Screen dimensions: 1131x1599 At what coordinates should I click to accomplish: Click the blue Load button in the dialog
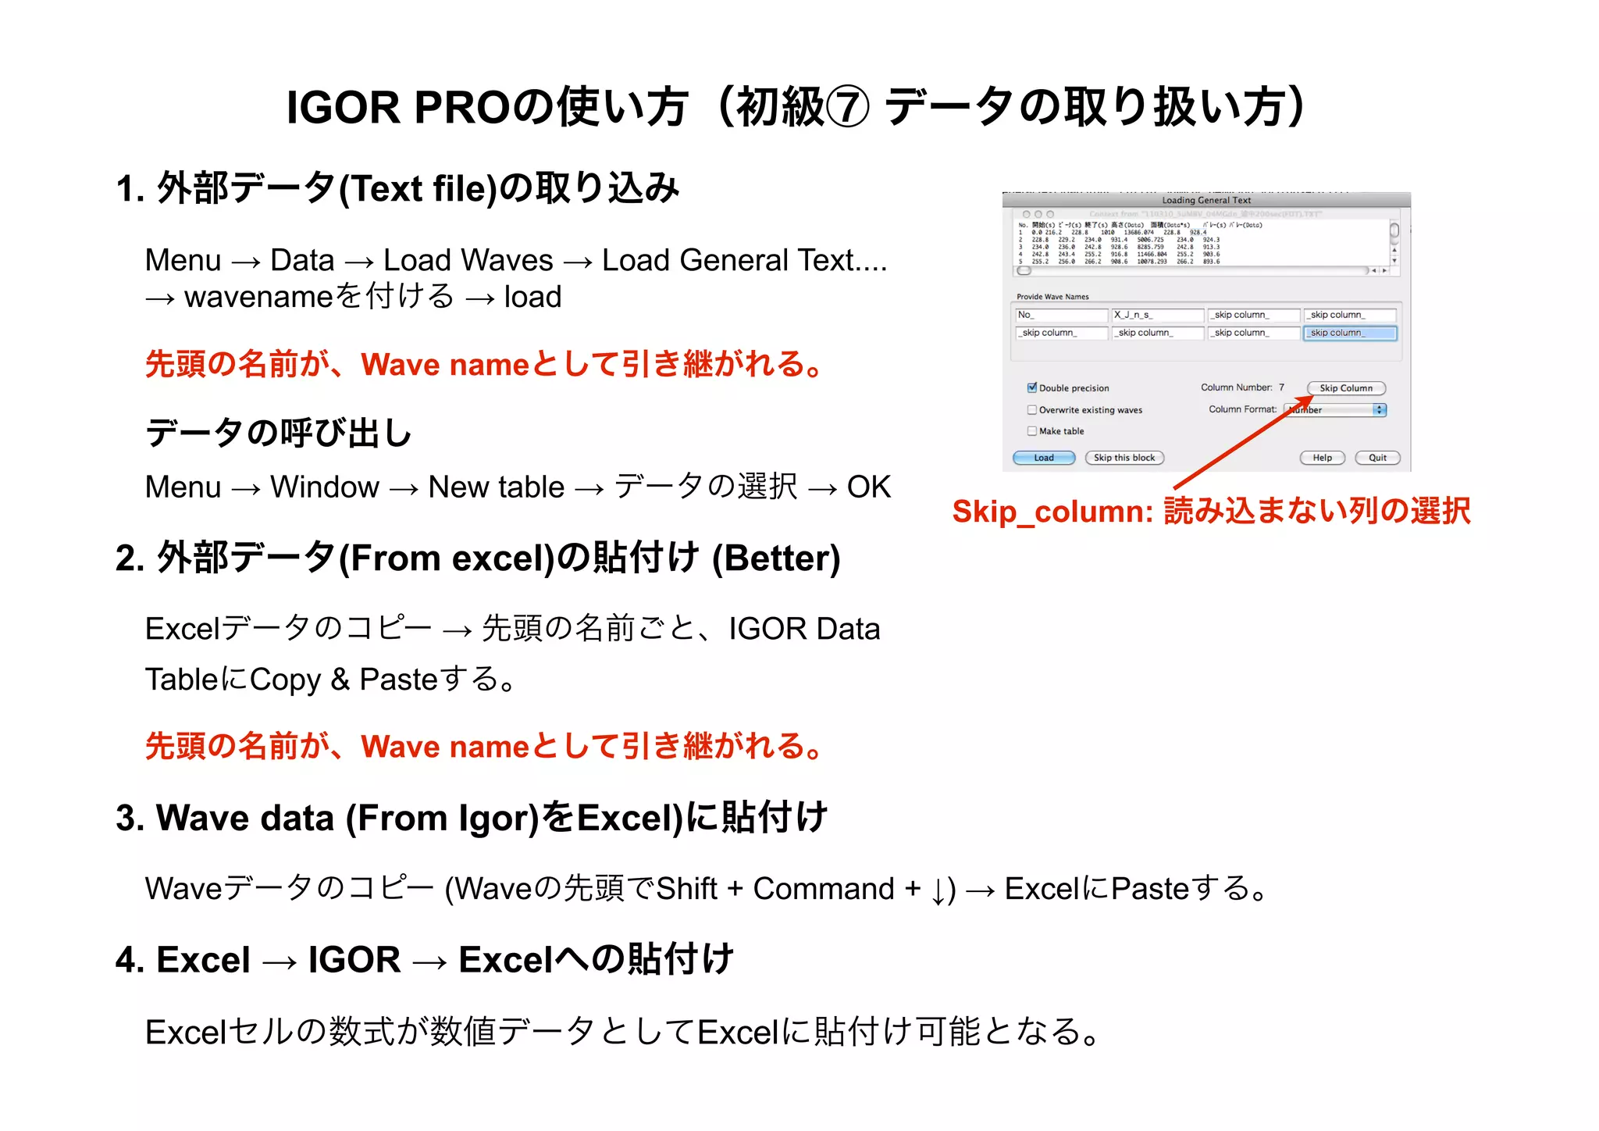[x=1043, y=458]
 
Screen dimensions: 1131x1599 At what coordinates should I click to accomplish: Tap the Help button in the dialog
[x=1322, y=458]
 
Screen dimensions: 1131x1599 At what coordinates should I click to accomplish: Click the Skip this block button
[x=1124, y=458]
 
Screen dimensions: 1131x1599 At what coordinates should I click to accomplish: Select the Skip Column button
[x=1345, y=388]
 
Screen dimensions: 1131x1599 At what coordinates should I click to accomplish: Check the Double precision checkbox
[x=1032, y=387]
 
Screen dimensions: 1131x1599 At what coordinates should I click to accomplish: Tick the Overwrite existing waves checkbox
[x=1032, y=409]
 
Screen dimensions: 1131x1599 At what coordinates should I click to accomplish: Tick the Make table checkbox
[x=1032, y=430]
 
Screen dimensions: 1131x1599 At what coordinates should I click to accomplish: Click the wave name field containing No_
[x=1061, y=315]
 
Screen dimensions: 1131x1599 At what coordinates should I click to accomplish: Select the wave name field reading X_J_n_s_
[x=1157, y=315]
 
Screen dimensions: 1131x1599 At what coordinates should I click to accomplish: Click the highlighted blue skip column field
[x=1349, y=333]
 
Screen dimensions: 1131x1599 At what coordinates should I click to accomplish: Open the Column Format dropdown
[x=1380, y=410]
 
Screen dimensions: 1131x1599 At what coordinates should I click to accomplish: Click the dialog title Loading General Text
[x=1206, y=200]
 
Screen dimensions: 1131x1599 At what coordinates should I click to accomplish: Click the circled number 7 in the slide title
[x=847, y=108]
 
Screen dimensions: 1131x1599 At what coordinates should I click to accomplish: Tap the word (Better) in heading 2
[x=776, y=558]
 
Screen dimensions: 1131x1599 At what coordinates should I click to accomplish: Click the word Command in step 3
[x=823, y=889]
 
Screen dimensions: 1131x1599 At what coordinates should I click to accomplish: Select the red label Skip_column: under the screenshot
[x=1052, y=512]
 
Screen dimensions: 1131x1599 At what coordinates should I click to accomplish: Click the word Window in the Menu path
[x=324, y=487]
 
